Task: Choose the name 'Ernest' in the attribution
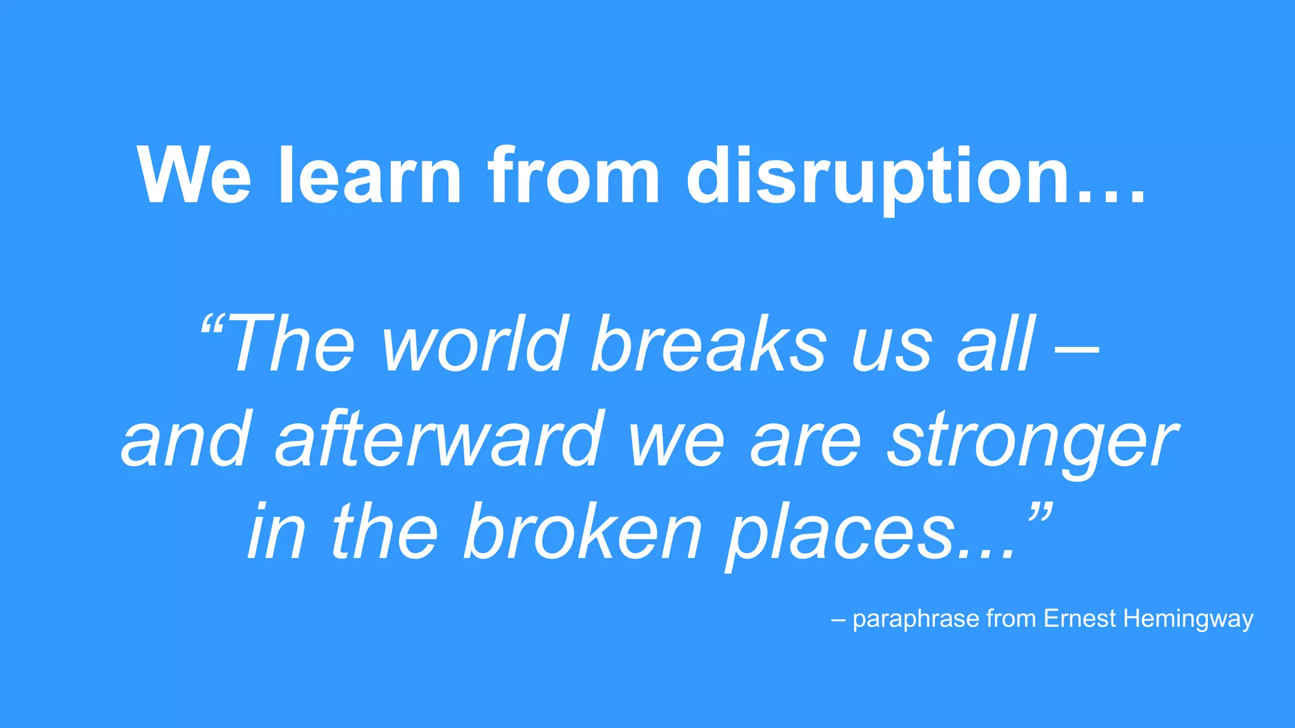(x=1080, y=618)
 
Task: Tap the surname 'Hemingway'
(x=1188, y=619)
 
